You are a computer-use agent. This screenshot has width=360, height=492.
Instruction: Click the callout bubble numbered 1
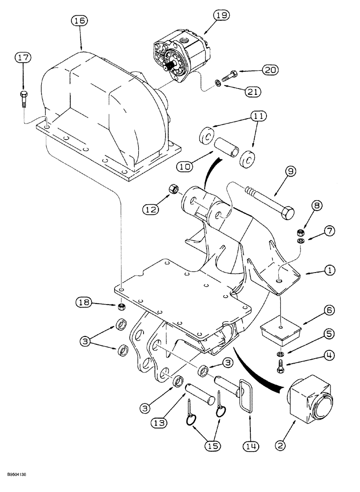coord(329,270)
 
